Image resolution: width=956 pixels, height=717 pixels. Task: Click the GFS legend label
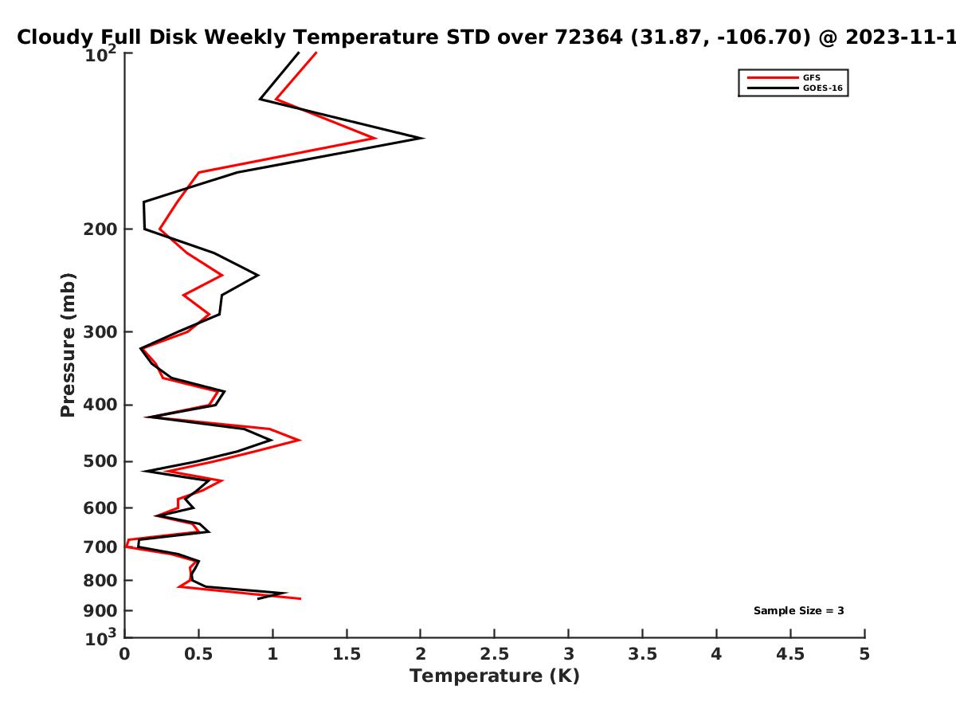tap(812, 78)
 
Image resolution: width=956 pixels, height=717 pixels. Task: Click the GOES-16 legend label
tap(823, 88)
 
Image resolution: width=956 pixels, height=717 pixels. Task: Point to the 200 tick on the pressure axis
tap(100, 229)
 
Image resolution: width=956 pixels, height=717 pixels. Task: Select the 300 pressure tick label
tap(100, 332)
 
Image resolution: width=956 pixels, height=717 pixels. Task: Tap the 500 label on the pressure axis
tap(100, 461)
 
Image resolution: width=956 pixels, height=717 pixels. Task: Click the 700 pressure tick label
tap(100, 547)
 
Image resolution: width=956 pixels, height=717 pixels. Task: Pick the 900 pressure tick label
tap(100, 611)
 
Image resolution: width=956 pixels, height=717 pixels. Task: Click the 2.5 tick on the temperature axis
tap(495, 654)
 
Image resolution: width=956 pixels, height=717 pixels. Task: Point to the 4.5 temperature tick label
tap(790, 654)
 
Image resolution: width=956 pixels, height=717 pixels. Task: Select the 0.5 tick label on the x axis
tap(198, 654)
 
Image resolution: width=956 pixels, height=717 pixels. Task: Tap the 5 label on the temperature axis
tap(864, 654)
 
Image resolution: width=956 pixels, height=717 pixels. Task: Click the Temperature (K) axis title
tap(495, 676)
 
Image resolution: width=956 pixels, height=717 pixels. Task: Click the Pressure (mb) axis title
tap(68, 345)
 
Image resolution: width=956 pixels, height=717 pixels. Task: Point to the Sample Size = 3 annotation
tap(799, 611)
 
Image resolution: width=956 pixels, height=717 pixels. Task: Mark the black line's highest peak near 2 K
tap(423, 139)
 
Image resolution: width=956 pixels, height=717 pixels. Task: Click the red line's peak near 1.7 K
tap(375, 139)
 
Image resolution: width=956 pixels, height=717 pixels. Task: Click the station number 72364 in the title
tap(589, 37)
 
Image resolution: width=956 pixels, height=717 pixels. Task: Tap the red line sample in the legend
tap(773, 78)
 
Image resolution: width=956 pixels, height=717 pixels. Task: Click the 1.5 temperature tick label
tap(347, 654)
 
